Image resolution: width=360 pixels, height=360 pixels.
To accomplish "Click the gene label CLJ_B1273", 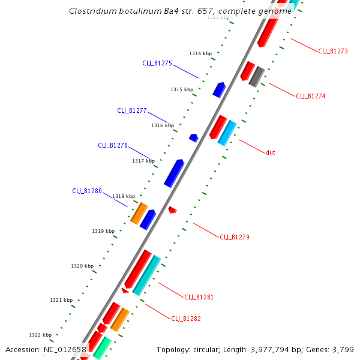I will coord(333,51).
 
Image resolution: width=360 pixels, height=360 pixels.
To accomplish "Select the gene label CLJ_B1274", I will coord(311,96).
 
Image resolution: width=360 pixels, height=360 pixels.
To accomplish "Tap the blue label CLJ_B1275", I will coord(157,63).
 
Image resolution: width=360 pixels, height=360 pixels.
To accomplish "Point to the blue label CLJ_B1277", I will coord(132,110).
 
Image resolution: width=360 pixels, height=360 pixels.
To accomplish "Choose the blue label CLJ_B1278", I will coord(113,145).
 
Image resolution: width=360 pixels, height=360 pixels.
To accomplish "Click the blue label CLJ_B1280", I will coord(87,191).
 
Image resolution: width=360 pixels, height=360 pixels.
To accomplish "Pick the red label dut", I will coord(271,152).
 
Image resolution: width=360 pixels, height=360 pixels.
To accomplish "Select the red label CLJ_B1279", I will coord(235,237).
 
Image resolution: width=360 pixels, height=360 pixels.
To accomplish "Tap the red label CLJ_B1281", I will coord(199,297).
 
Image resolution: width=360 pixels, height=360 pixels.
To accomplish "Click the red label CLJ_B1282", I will coord(186,319).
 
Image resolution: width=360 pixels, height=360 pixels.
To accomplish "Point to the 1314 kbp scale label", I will coord(200,53).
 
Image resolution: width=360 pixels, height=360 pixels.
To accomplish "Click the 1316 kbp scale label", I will coord(163,125).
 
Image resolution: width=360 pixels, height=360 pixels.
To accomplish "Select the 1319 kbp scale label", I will coord(103,231).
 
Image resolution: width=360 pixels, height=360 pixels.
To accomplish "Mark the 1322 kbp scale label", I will coord(40,335).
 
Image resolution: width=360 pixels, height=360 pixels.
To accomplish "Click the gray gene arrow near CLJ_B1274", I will coord(257,76).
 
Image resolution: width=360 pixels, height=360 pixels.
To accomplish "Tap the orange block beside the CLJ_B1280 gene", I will coord(139,213).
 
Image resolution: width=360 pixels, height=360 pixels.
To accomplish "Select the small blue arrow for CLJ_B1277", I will coord(193,138).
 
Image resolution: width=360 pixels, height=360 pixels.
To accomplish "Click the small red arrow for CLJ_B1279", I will coord(172,210).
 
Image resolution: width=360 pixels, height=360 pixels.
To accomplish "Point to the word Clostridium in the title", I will coord(91,11).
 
